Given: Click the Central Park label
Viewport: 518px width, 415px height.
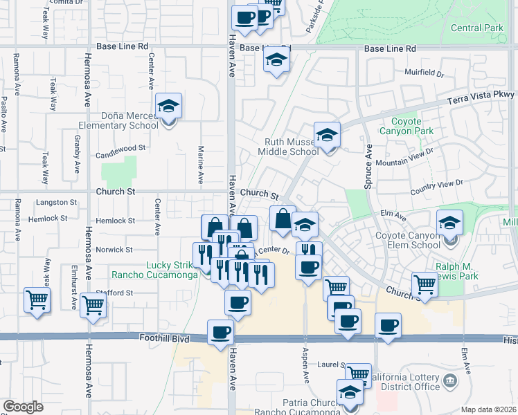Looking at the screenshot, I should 476,28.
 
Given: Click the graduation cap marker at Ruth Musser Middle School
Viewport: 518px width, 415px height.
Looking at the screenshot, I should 328,136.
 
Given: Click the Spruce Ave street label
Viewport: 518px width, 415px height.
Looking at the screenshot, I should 368,166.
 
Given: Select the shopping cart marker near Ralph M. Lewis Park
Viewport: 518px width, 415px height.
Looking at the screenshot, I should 424,284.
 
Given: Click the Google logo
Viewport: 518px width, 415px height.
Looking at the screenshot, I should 23,407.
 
